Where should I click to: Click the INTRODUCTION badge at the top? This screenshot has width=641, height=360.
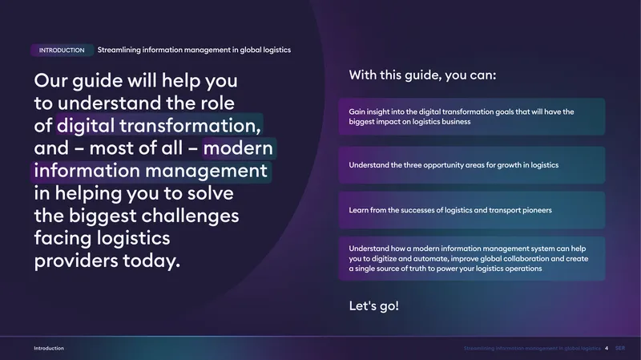62,51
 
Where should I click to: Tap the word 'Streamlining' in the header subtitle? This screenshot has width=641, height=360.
119,50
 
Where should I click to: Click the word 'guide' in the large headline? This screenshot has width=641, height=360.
97,81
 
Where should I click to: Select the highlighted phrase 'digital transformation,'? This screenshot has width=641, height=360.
159,125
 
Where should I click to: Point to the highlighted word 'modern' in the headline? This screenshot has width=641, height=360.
238,148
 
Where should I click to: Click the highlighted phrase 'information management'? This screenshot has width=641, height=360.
151,171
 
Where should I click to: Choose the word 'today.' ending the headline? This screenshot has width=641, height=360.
151,261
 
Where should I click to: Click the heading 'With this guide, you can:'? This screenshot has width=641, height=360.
422,75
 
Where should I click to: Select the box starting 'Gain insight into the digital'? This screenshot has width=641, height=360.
472,116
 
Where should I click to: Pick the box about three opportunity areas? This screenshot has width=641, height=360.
472,165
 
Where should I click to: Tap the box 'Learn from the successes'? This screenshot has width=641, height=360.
472,210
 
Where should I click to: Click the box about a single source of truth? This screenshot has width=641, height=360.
472,258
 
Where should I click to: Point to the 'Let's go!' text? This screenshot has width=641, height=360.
373,305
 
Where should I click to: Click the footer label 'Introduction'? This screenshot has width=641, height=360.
49,348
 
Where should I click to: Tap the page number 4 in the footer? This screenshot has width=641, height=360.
607,348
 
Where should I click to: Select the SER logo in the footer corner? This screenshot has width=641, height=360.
619,348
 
